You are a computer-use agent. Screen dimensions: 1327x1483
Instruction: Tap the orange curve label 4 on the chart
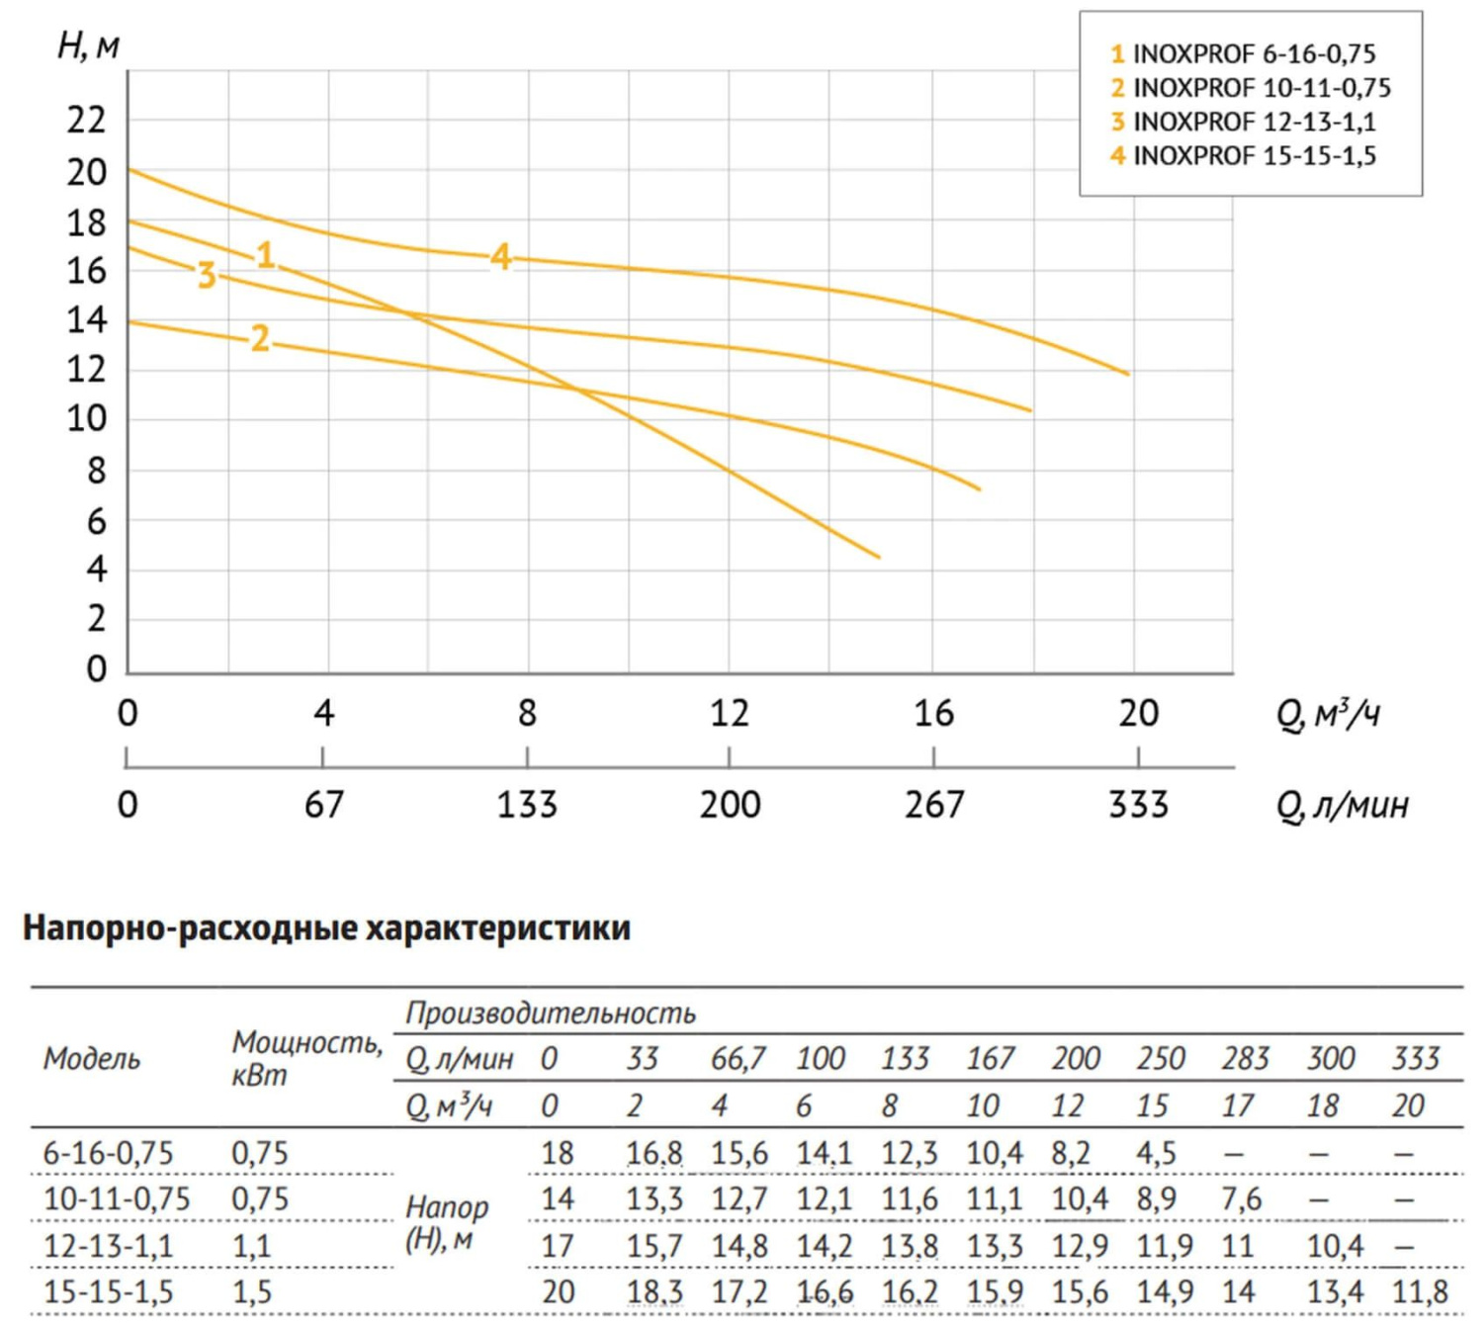(501, 257)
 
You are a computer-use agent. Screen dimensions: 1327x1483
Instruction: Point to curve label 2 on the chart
(259, 338)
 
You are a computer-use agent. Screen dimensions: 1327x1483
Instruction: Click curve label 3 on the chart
(206, 274)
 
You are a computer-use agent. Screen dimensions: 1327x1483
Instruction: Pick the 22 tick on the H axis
(87, 121)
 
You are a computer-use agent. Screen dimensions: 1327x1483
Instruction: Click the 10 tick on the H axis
(87, 418)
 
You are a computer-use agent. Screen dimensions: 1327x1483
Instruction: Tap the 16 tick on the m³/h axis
(933, 713)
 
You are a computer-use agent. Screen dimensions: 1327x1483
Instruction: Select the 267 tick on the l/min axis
(933, 804)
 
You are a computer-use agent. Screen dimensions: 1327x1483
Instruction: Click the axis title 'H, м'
(88, 45)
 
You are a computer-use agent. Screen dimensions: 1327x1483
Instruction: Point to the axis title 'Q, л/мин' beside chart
(1342, 806)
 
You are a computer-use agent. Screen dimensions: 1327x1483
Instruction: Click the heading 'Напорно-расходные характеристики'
(326, 928)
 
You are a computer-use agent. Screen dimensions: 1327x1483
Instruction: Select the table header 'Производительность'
(551, 1013)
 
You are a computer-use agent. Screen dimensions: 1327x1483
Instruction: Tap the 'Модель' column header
(92, 1059)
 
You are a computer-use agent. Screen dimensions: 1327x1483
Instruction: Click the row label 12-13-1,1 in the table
(109, 1245)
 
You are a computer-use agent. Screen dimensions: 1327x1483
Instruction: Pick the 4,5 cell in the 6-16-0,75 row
(1156, 1153)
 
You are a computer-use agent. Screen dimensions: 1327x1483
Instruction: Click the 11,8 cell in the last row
(1420, 1291)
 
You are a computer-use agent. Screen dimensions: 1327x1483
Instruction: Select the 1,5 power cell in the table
(251, 1291)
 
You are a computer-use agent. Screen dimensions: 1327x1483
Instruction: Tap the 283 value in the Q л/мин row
(1245, 1059)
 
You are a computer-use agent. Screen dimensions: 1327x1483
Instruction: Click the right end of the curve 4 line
(1127, 374)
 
